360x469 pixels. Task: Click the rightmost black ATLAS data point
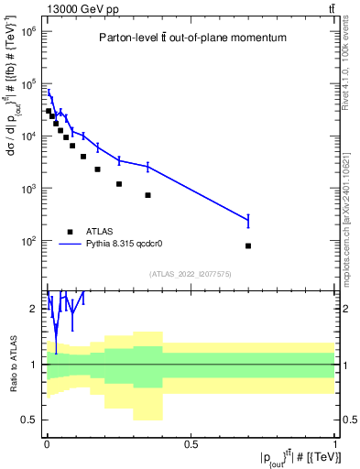pos(248,245)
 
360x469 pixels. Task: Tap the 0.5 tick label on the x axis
pos(191,446)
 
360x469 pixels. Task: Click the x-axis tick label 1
pos(335,446)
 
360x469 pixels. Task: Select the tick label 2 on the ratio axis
pos(36,309)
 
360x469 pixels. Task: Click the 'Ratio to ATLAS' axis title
pos(12,365)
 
